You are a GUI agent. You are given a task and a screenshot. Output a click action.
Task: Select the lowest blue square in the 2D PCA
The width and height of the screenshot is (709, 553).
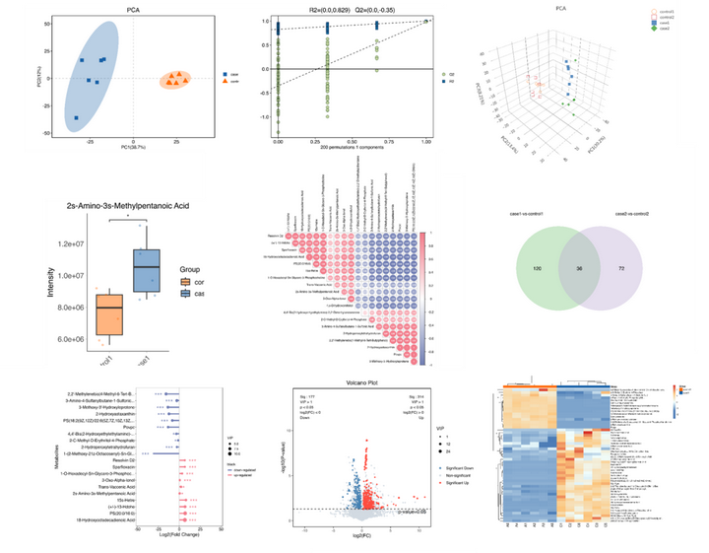[x=75, y=118]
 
